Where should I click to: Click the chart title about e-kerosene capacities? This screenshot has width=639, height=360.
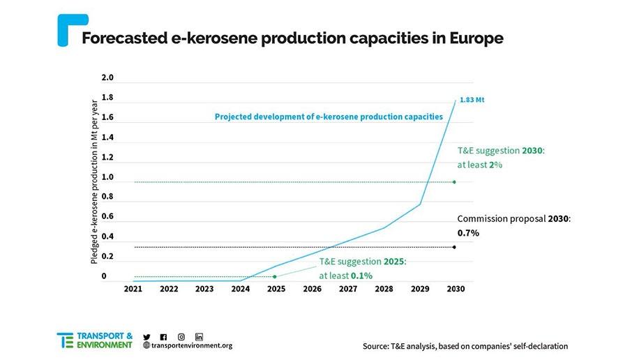292,38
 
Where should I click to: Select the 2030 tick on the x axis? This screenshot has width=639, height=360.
456,288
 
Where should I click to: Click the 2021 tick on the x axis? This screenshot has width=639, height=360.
133,288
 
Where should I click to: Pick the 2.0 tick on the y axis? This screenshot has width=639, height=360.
107,77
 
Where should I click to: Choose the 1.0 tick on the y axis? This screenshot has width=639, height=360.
107,177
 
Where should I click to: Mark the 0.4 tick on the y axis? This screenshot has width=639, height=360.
107,237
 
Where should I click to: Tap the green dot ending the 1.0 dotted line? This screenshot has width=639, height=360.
454,182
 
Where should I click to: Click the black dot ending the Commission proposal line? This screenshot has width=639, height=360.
454,247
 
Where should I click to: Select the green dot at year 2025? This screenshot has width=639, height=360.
275,277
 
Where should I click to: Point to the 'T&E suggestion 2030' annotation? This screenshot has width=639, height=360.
500,158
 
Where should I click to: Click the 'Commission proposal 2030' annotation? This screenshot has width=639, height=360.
513,225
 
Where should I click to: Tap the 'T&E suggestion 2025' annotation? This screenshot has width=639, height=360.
362,268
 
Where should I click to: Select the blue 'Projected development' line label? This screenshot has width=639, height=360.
328,117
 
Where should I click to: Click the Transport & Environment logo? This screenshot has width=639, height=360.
95,340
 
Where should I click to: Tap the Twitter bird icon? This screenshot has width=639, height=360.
146,336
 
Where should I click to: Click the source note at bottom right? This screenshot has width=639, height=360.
465,346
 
